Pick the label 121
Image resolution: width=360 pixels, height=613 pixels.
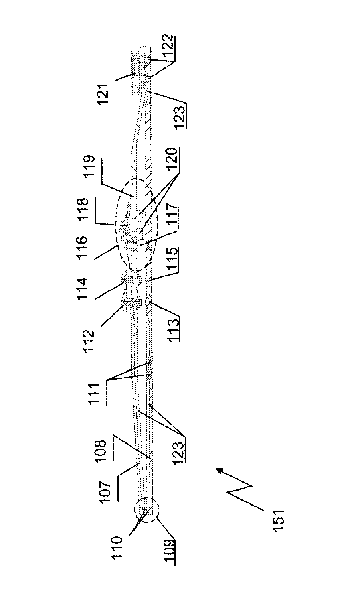[104, 92]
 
